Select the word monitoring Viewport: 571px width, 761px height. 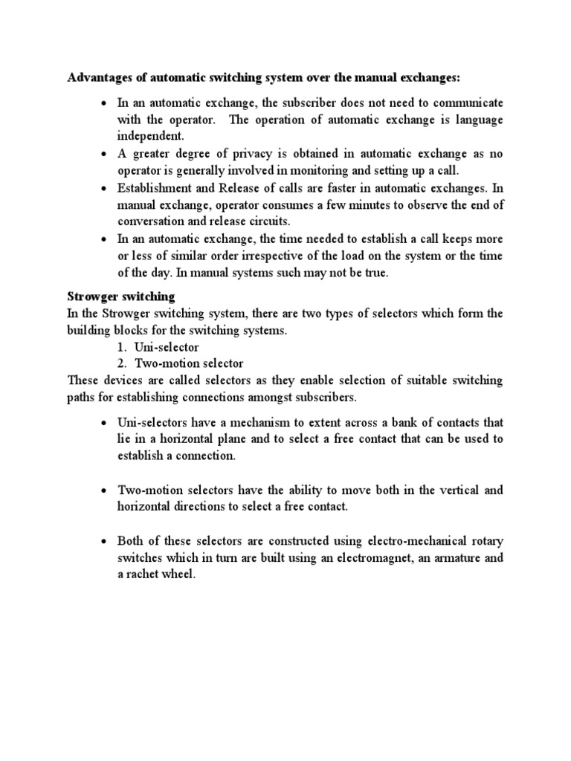pos(323,171)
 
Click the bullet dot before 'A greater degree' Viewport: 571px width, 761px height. pos(105,155)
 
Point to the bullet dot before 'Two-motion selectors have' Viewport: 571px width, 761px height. pos(105,491)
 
